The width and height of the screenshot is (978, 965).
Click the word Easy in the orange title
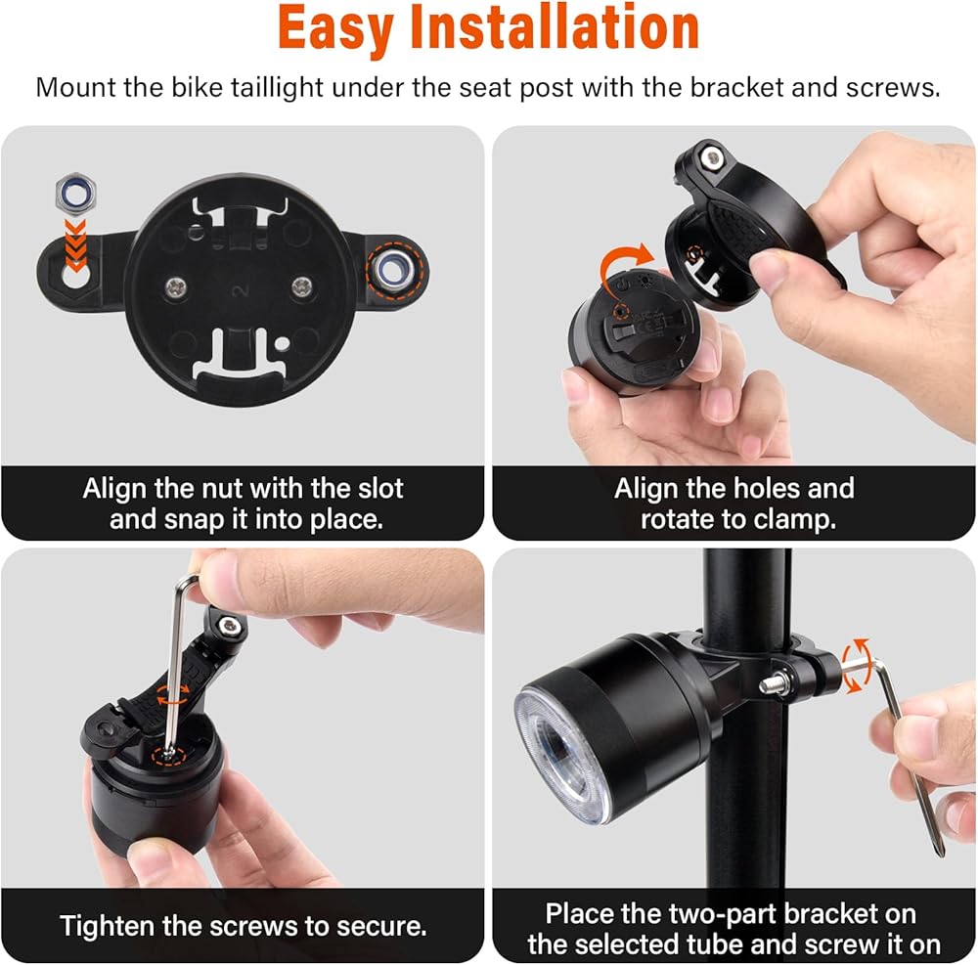[334, 28]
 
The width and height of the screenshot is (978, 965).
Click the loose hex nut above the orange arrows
[76, 193]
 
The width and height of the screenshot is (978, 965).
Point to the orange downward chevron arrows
[76, 244]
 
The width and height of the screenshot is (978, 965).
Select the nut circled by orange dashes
[392, 271]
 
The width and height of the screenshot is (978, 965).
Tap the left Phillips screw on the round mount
[176, 287]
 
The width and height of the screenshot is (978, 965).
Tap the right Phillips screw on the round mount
[302, 286]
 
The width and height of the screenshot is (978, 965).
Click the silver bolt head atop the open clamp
[710, 157]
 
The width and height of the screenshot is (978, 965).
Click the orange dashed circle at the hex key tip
[169, 756]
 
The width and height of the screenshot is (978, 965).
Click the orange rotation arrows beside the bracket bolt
[856, 665]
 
